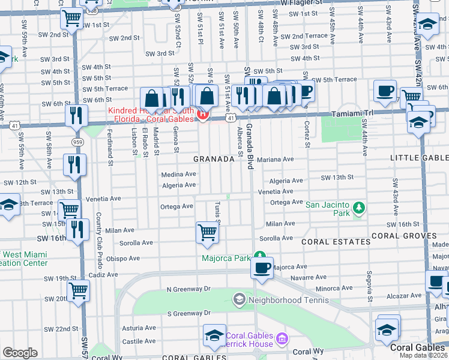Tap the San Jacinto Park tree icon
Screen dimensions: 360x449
click(x=359, y=208)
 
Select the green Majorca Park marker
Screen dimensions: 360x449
click(x=259, y=255)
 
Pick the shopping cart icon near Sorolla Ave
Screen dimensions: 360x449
click(x=207, y=232)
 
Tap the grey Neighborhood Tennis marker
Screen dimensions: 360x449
click(x=239, y=299)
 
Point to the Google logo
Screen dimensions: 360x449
click(x=20, y=353)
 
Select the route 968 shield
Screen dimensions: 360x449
click(x=90, y=9)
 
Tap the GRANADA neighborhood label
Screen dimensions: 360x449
click(x=213, y=159)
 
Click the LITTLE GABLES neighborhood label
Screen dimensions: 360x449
click(x=418, y=158)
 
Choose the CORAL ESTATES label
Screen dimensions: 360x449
click(x=336, y=242)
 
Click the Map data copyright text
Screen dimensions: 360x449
click(x=424, y=355)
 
